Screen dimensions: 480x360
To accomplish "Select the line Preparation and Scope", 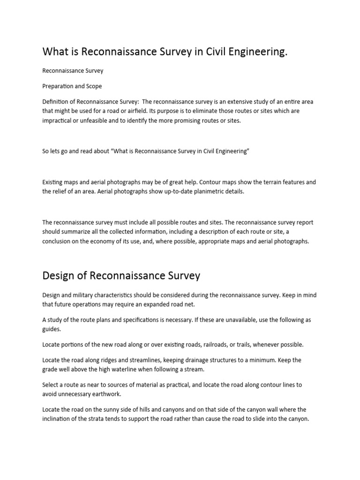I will tap(72, 86).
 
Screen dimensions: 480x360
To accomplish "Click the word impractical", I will tap(59, 120).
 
